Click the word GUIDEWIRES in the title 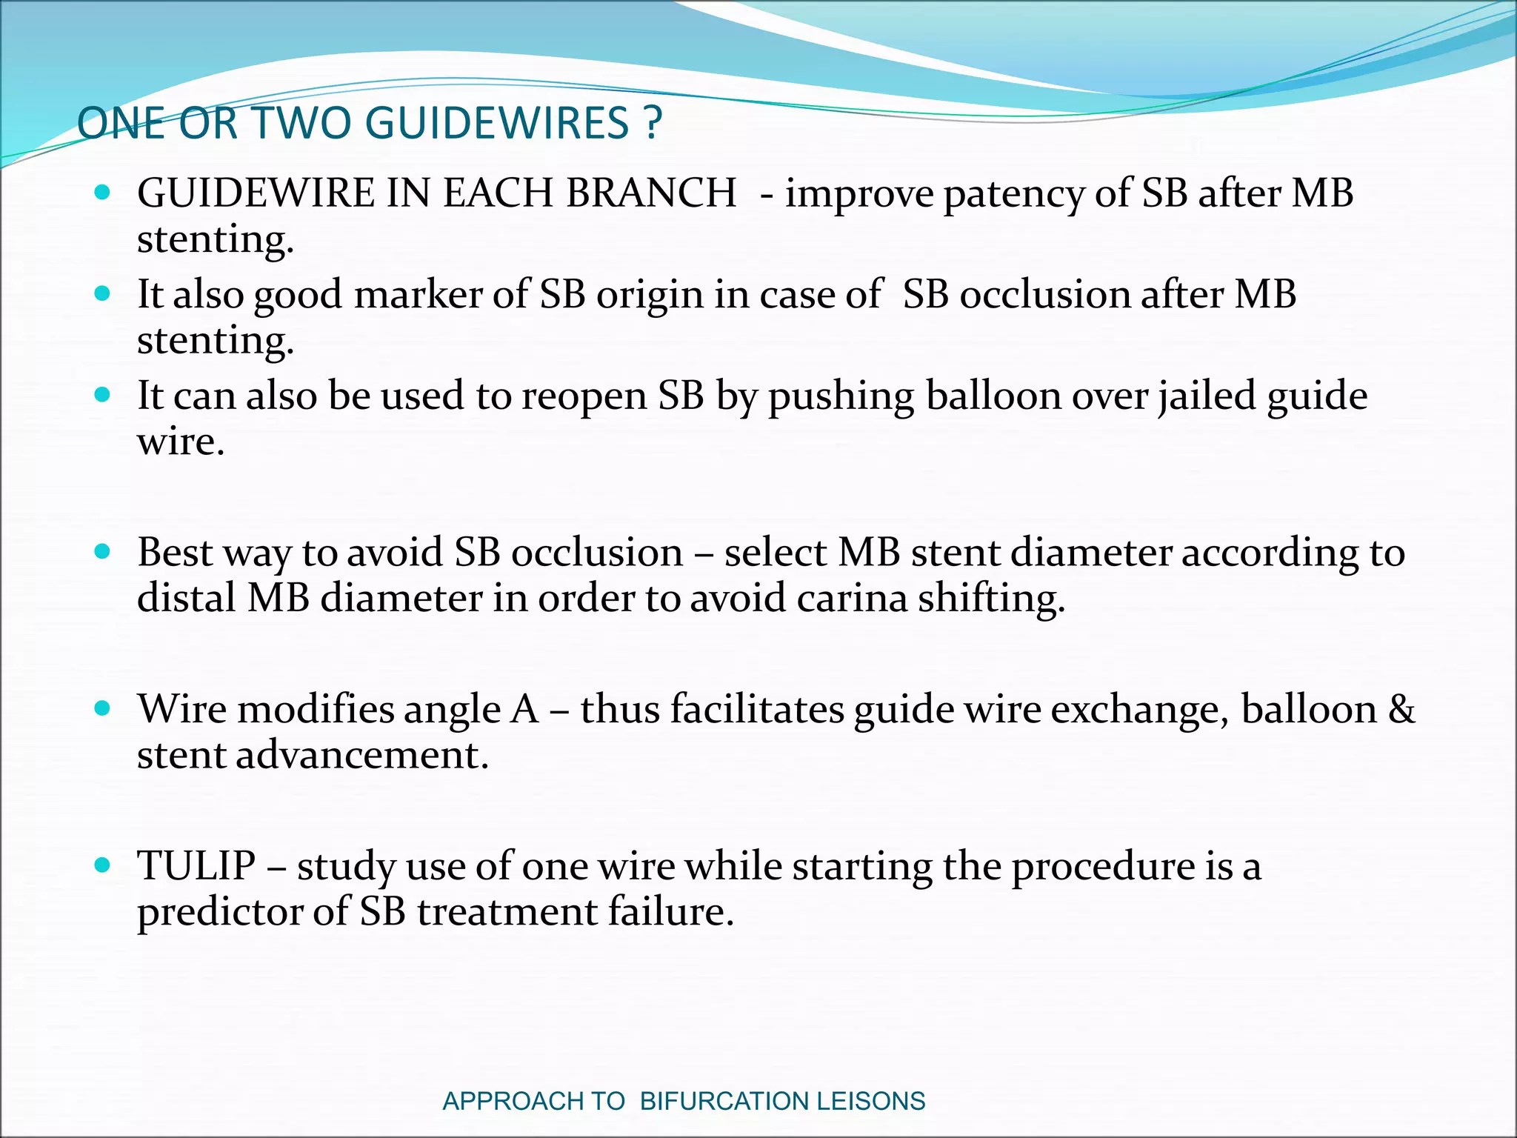497,123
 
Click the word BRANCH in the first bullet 651,193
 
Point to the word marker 417,295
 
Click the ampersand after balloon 1401,709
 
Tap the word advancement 362,755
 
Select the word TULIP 196,865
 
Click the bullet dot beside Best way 103,551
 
